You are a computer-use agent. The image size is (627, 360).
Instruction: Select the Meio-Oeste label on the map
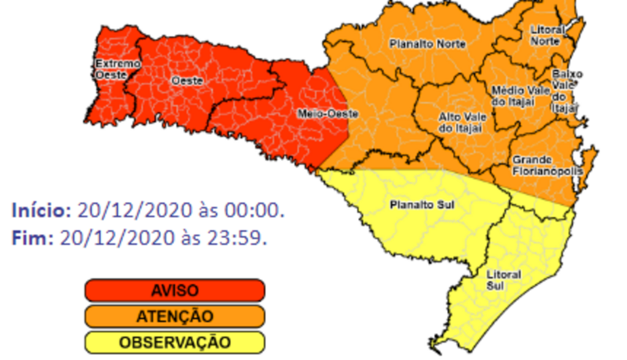click(319, 113)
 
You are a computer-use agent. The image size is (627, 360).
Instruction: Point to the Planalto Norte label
click(427, 44)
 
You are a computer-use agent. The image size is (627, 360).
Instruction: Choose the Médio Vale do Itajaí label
click(513, 96)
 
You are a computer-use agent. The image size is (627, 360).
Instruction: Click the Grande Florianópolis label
click(546, 165)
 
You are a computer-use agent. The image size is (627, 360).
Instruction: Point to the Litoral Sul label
click(504, 280)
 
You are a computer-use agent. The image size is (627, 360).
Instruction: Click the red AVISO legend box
click(175, 290)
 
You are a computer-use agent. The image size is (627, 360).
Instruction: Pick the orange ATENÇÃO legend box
click(175, 317)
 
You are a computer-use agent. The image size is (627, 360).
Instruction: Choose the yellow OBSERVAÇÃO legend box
click(175, 342)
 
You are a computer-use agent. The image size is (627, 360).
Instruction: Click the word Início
click(41, 211)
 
